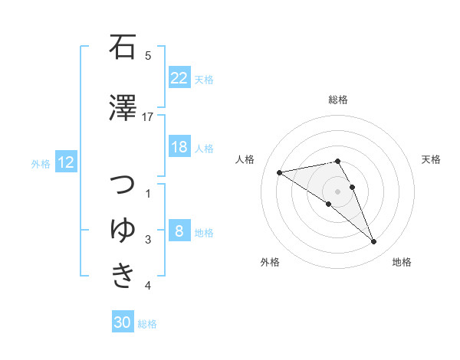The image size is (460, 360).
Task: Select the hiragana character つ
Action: pos(123,186)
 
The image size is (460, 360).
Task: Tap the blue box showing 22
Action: pos(179,78)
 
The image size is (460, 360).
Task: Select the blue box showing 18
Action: pos(179,147)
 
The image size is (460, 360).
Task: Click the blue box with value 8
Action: pos(179,231)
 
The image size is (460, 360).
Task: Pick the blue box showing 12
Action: pos(65,162)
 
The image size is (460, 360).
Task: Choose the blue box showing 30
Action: pos(123,323)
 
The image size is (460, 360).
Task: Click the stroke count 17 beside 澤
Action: pos(148,116)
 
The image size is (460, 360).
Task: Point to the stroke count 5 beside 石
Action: pos(148,55)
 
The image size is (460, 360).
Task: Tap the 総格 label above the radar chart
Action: pos(338,100)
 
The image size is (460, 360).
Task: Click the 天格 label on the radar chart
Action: pos(431,159)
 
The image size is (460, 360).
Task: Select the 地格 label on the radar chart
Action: pos(402,262)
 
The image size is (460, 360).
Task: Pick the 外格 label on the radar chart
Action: pos(270,262)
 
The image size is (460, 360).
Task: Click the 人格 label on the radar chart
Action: pos(245,159)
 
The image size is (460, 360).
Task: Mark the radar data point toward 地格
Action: pos(374,242)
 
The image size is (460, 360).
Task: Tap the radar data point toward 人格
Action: pos(279,172)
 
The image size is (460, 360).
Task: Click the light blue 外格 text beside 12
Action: pos(40,163)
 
